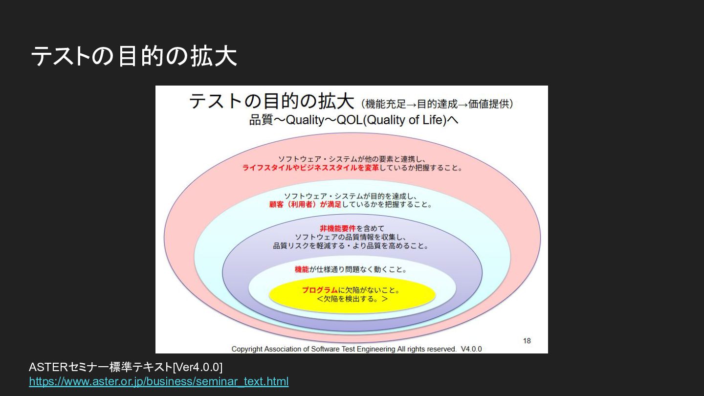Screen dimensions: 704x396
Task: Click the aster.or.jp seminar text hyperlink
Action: (158, 381)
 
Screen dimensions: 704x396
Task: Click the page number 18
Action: (527, 341)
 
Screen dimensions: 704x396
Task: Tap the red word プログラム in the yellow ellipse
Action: (320, 290)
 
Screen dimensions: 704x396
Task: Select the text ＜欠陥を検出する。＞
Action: (352, 299)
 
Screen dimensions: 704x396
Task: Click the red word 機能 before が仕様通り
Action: (302, 269)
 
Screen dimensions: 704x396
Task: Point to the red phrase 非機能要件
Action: (338, 228)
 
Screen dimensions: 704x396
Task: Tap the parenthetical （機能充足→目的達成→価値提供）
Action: (437, 104)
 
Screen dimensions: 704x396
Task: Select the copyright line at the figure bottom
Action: (344, 349)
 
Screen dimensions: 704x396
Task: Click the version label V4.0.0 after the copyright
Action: (471, 349)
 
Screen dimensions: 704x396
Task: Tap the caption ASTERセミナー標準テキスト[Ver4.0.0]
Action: (126, 367)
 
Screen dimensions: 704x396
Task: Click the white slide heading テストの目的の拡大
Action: (133, 57)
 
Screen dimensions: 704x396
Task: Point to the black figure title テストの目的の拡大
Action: (271, 101)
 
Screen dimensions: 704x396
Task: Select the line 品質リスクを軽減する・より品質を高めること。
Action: (351, 246)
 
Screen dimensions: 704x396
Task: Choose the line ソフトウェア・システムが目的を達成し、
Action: (351, 196)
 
